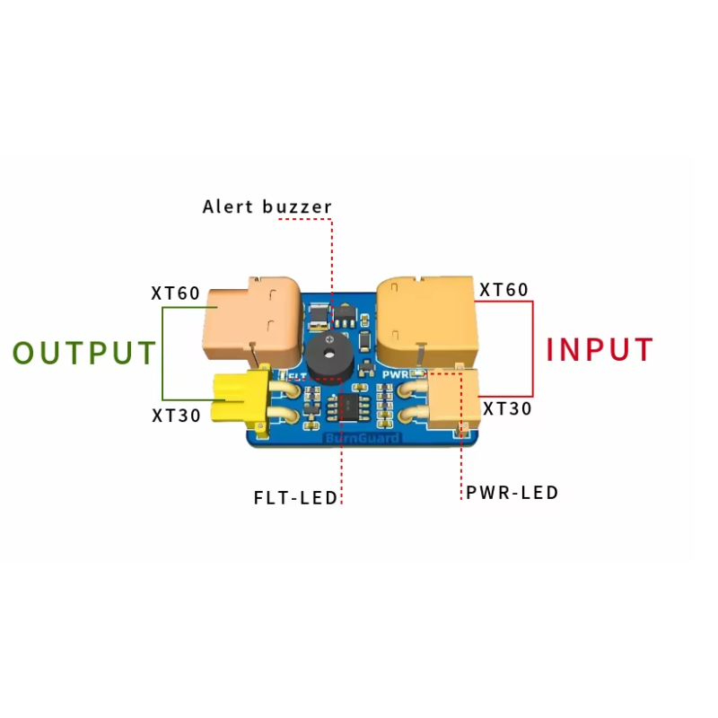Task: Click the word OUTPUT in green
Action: click(84, 353)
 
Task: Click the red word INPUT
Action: click(600, 349)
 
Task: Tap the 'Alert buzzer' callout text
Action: click(267, 206)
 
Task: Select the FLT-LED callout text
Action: click(295, 498)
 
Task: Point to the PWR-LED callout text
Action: click(512, 493)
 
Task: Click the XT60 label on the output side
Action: click(176, 293)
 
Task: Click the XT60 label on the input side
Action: click(503, 289)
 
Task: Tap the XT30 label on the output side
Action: click(176, 416)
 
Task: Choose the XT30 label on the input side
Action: click(507, 408)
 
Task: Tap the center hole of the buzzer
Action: click(328, 353)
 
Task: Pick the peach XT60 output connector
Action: click(252, 320)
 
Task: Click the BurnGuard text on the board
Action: click(362, 438)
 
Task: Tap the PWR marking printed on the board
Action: click(396, 374)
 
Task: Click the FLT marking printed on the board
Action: click(298, 376)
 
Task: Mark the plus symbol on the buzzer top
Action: click(328, 339)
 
